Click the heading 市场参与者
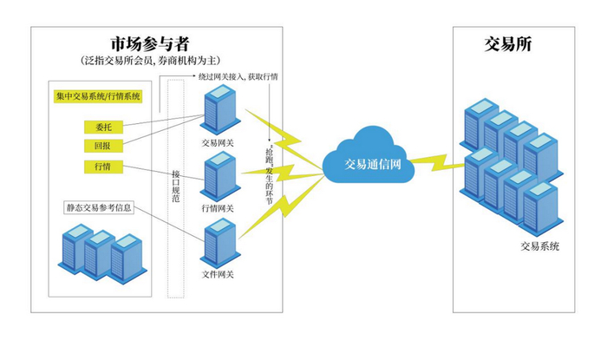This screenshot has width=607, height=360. pos(151,43)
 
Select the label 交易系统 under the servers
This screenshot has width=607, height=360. pos(539,246)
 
